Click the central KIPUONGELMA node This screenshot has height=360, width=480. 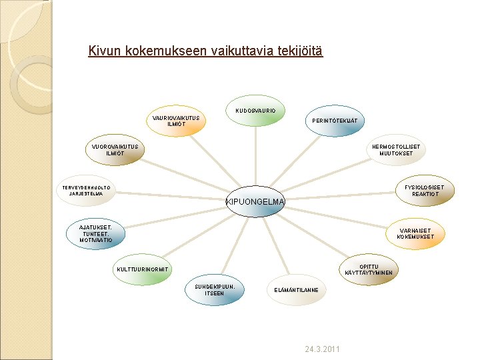(x=255, y=201)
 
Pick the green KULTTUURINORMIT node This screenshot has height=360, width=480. (x=143, y=269)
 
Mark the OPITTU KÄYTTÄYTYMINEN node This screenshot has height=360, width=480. (x=369, y=269)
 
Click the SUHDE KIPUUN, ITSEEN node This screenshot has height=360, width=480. (x=215, y=290)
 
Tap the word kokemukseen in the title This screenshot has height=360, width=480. (x=164, y=51)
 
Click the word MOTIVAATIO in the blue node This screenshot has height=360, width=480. (x=97, y=240)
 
